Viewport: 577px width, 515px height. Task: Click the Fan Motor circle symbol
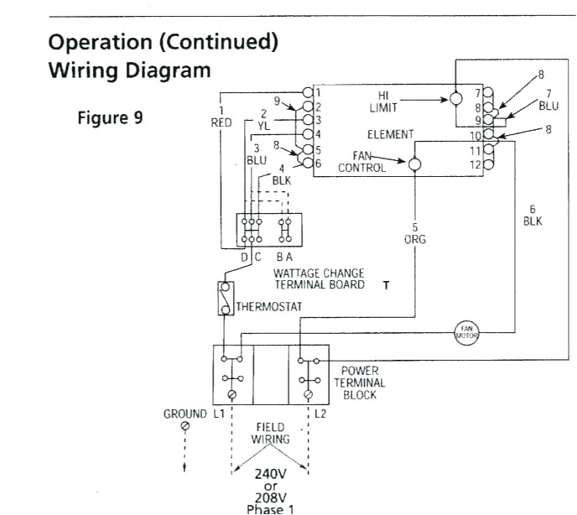[x=465, y=332]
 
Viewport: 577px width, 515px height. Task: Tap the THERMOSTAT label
[x=268, y=307]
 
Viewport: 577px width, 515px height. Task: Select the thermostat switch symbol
[x=225, y=299]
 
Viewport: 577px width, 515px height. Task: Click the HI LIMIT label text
[x=383, y=102]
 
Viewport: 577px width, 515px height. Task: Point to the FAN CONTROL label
[x=362, y=162]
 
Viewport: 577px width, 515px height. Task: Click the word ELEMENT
[x=390, y=134]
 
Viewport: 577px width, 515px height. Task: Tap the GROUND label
[x=185, y=414]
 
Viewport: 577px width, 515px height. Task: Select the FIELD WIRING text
[x=270, y=433]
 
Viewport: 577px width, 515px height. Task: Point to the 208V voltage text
[x=270, y=496]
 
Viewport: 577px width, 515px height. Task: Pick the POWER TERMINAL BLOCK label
[x=360, y=382]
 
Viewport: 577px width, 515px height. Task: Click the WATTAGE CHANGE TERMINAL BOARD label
[x=319, y=279]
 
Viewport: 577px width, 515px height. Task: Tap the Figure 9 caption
[x=110, y=117]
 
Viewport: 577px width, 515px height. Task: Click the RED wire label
[x=221, y=122]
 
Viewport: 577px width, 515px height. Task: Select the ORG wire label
[x=414, y=239]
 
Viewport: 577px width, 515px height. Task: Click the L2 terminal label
[x=321, y=414]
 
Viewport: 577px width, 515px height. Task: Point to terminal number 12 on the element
[x=476, y=164]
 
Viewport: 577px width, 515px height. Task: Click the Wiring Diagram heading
[x=130, y=70]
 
